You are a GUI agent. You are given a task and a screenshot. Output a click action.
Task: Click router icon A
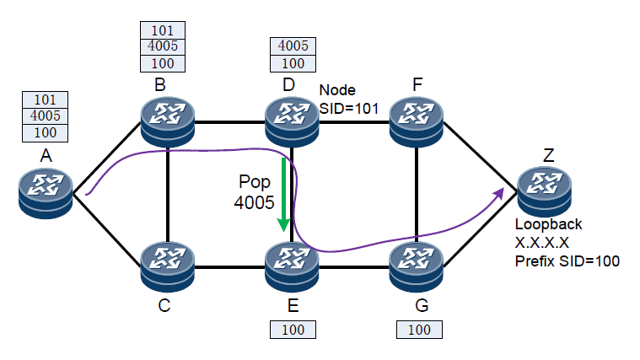(46, 191)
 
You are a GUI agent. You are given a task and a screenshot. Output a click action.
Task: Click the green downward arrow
(285, 194)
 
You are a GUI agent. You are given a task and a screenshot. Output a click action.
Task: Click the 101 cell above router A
(44, 99)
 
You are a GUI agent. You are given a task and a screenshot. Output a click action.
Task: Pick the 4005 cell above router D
(293, 46)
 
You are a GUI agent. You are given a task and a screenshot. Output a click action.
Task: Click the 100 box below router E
(293, 329)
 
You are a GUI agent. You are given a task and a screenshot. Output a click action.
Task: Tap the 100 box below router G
(418, 330)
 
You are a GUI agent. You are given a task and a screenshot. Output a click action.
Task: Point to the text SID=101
(349, 107)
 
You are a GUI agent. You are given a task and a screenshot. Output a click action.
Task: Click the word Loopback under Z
(549, 225)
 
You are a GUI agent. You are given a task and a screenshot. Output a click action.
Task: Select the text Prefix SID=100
(567, 261)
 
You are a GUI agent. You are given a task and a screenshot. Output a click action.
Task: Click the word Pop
(255, 183)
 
